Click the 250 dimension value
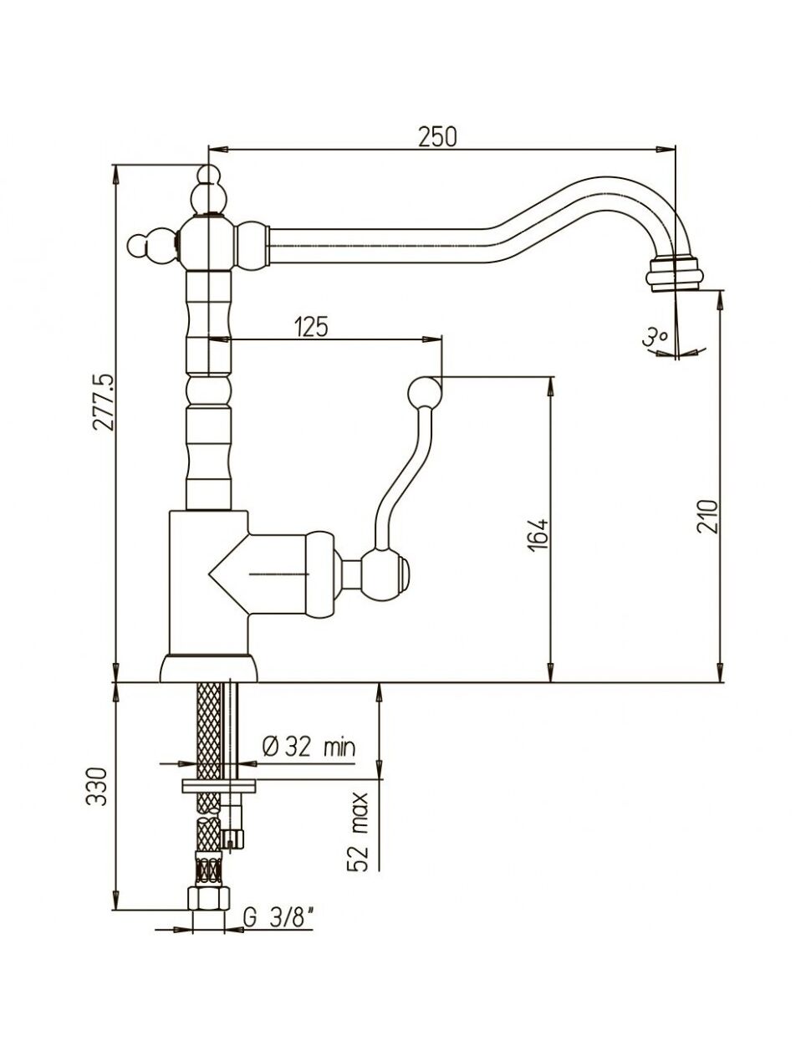tap(436, 137)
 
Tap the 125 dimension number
tap(311, 327)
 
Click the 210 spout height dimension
tap(707, 517)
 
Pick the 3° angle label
tap(655, 336)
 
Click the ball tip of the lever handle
tap(425, 392)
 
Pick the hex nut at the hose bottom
tap(208, 898)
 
